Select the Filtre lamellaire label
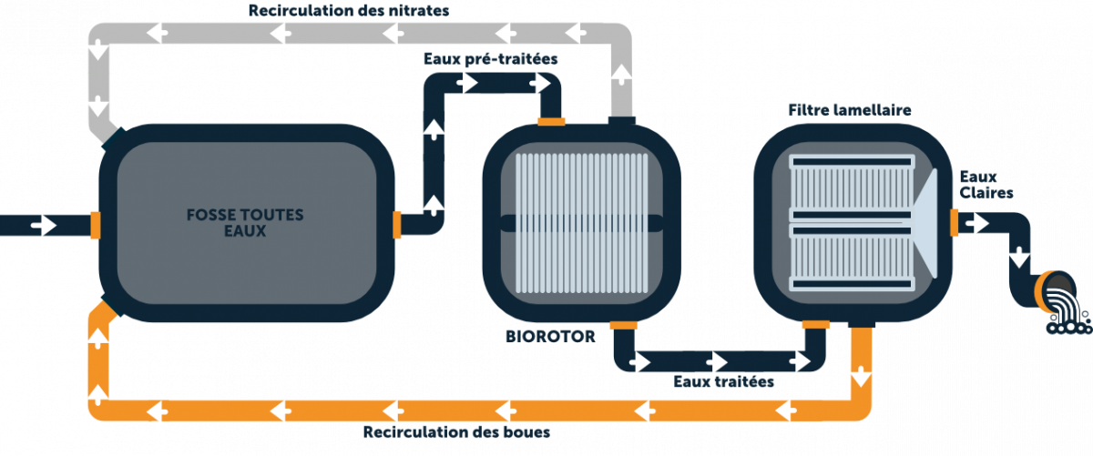849,109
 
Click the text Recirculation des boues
456,431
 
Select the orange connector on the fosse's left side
95,225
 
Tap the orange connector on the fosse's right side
396,224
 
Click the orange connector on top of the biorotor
551,120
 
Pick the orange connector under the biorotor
624,325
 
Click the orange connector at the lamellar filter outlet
955,221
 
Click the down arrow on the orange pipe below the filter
860,376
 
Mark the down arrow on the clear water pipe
1019,258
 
